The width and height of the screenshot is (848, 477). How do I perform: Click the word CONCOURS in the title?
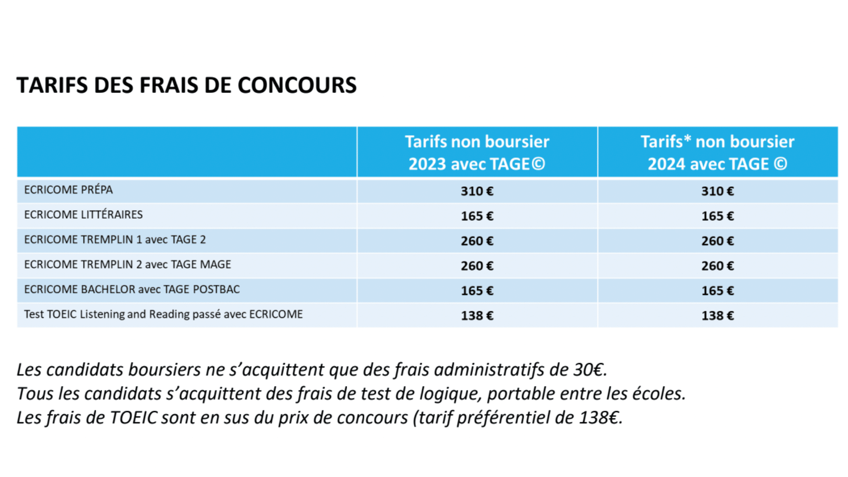(x=297, y=85)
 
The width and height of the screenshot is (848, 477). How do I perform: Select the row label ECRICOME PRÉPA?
(x=68, y=190)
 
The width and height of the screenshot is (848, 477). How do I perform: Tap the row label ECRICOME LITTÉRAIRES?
(x=83, y=215)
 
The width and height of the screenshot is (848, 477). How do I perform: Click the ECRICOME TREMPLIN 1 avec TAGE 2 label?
(x=115, y=240)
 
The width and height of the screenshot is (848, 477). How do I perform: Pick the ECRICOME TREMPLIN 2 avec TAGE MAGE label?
(x=128, y=265)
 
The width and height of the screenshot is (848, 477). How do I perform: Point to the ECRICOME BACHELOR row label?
(x=132, y=290)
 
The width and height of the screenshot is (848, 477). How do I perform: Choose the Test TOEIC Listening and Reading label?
(x=163, y=314)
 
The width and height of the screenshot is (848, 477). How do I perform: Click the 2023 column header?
(x=477, y=153)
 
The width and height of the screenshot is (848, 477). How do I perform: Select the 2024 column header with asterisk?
(x=717, y=153)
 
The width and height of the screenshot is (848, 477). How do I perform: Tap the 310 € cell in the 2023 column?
(x=477, y=191)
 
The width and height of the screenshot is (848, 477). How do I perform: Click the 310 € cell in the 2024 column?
(x=717, y=191)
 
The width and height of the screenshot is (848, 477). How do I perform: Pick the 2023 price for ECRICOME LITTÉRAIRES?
(x=477, y=216)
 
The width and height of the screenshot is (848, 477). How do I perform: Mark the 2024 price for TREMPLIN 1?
(x=717, y=241)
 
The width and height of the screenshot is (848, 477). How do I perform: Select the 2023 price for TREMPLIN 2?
(x=477, y=266)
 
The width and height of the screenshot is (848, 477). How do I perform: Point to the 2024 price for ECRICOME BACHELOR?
(x=717, y=291)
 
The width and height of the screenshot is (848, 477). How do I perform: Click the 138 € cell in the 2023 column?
(x=477, y=316)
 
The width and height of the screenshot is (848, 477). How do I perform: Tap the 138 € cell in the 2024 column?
(x=717, y=316)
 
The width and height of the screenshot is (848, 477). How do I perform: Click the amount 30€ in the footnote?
(x=589, y=370)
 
